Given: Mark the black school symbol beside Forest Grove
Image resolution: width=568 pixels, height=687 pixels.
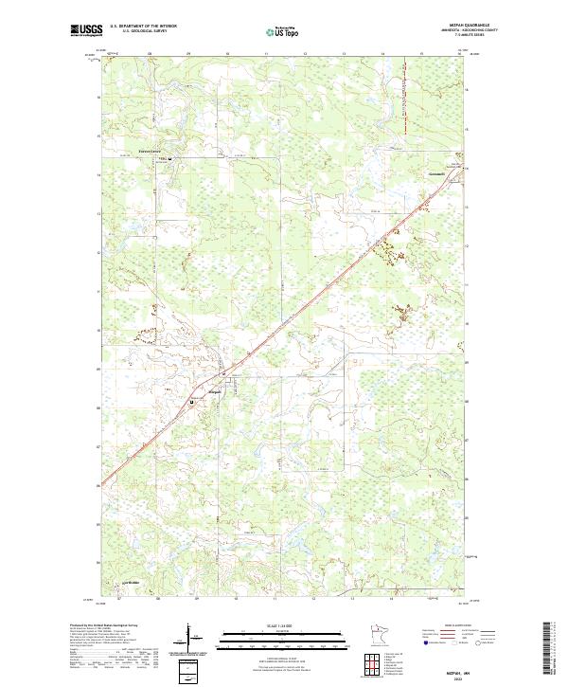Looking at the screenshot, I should tap(170, 157).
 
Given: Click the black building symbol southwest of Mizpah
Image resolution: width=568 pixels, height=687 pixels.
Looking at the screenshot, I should tap(192, 402).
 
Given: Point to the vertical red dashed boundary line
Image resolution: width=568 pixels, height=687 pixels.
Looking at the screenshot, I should tap(403, 104).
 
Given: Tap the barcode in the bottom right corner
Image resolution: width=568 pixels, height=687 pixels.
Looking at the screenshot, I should tap(549, 649).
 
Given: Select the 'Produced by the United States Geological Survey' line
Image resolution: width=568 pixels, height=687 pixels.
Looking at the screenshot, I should tap(103, 626).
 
